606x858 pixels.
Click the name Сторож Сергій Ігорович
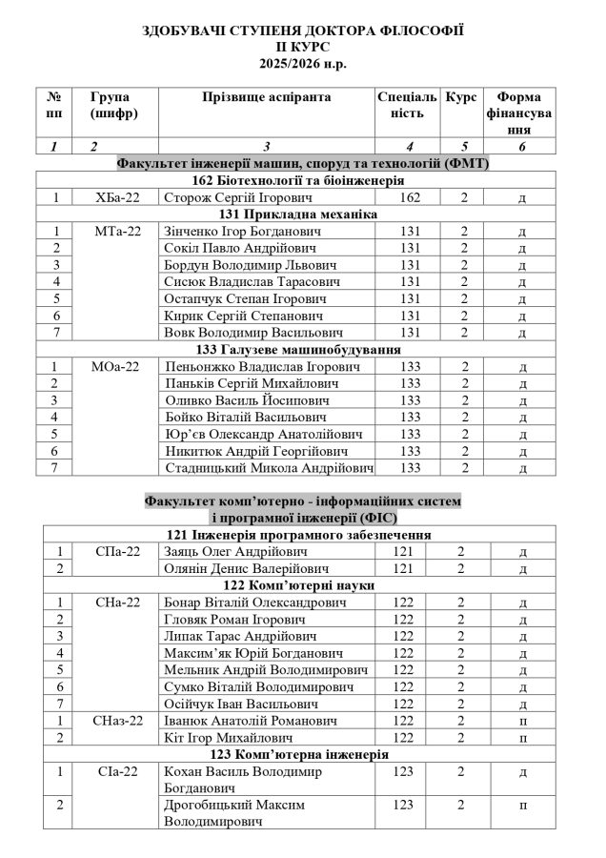point(226,197)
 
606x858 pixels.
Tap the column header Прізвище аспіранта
point(266,98)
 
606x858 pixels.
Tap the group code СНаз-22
point(118,721)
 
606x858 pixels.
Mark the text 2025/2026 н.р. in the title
point(302,64)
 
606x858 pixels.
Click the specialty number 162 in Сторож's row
point(409,197)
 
